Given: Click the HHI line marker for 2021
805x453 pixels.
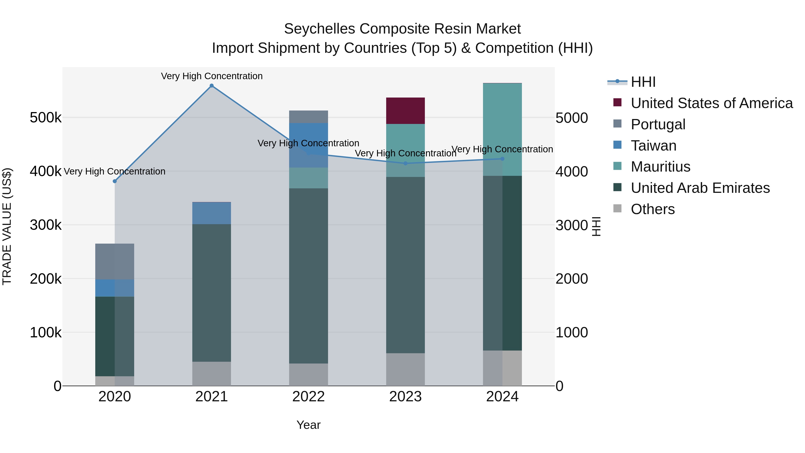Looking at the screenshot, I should [x=212, y=86].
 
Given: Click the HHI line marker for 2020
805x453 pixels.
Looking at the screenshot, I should [x=115, y=181].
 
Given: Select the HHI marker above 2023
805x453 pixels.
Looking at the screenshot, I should [x=405, y=163].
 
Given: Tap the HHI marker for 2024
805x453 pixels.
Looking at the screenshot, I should [x=502, y=159].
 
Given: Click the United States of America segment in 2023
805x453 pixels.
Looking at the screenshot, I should [x=405, y=111].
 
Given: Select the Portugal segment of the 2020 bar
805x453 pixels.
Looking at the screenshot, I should [x=115, y=261].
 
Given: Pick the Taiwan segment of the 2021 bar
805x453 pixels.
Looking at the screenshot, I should [x=212, y=213].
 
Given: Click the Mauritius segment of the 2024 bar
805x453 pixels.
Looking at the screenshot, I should [x=502, y=130].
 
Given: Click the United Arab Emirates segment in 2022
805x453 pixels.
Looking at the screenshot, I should [x=308, y=276].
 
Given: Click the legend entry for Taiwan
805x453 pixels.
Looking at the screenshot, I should [x=653, y=146].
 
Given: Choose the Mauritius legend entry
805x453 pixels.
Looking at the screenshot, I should [x=660, y=167].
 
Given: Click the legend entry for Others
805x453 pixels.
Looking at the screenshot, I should [x=652, y=209].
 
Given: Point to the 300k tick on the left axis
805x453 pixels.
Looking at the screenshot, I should [x=46, y=225].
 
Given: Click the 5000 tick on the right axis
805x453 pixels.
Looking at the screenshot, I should [x=572, y=118].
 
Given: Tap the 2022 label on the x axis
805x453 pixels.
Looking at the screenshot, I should [x=308, y=397].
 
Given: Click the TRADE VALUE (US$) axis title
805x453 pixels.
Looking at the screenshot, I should [x=7, y=226].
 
